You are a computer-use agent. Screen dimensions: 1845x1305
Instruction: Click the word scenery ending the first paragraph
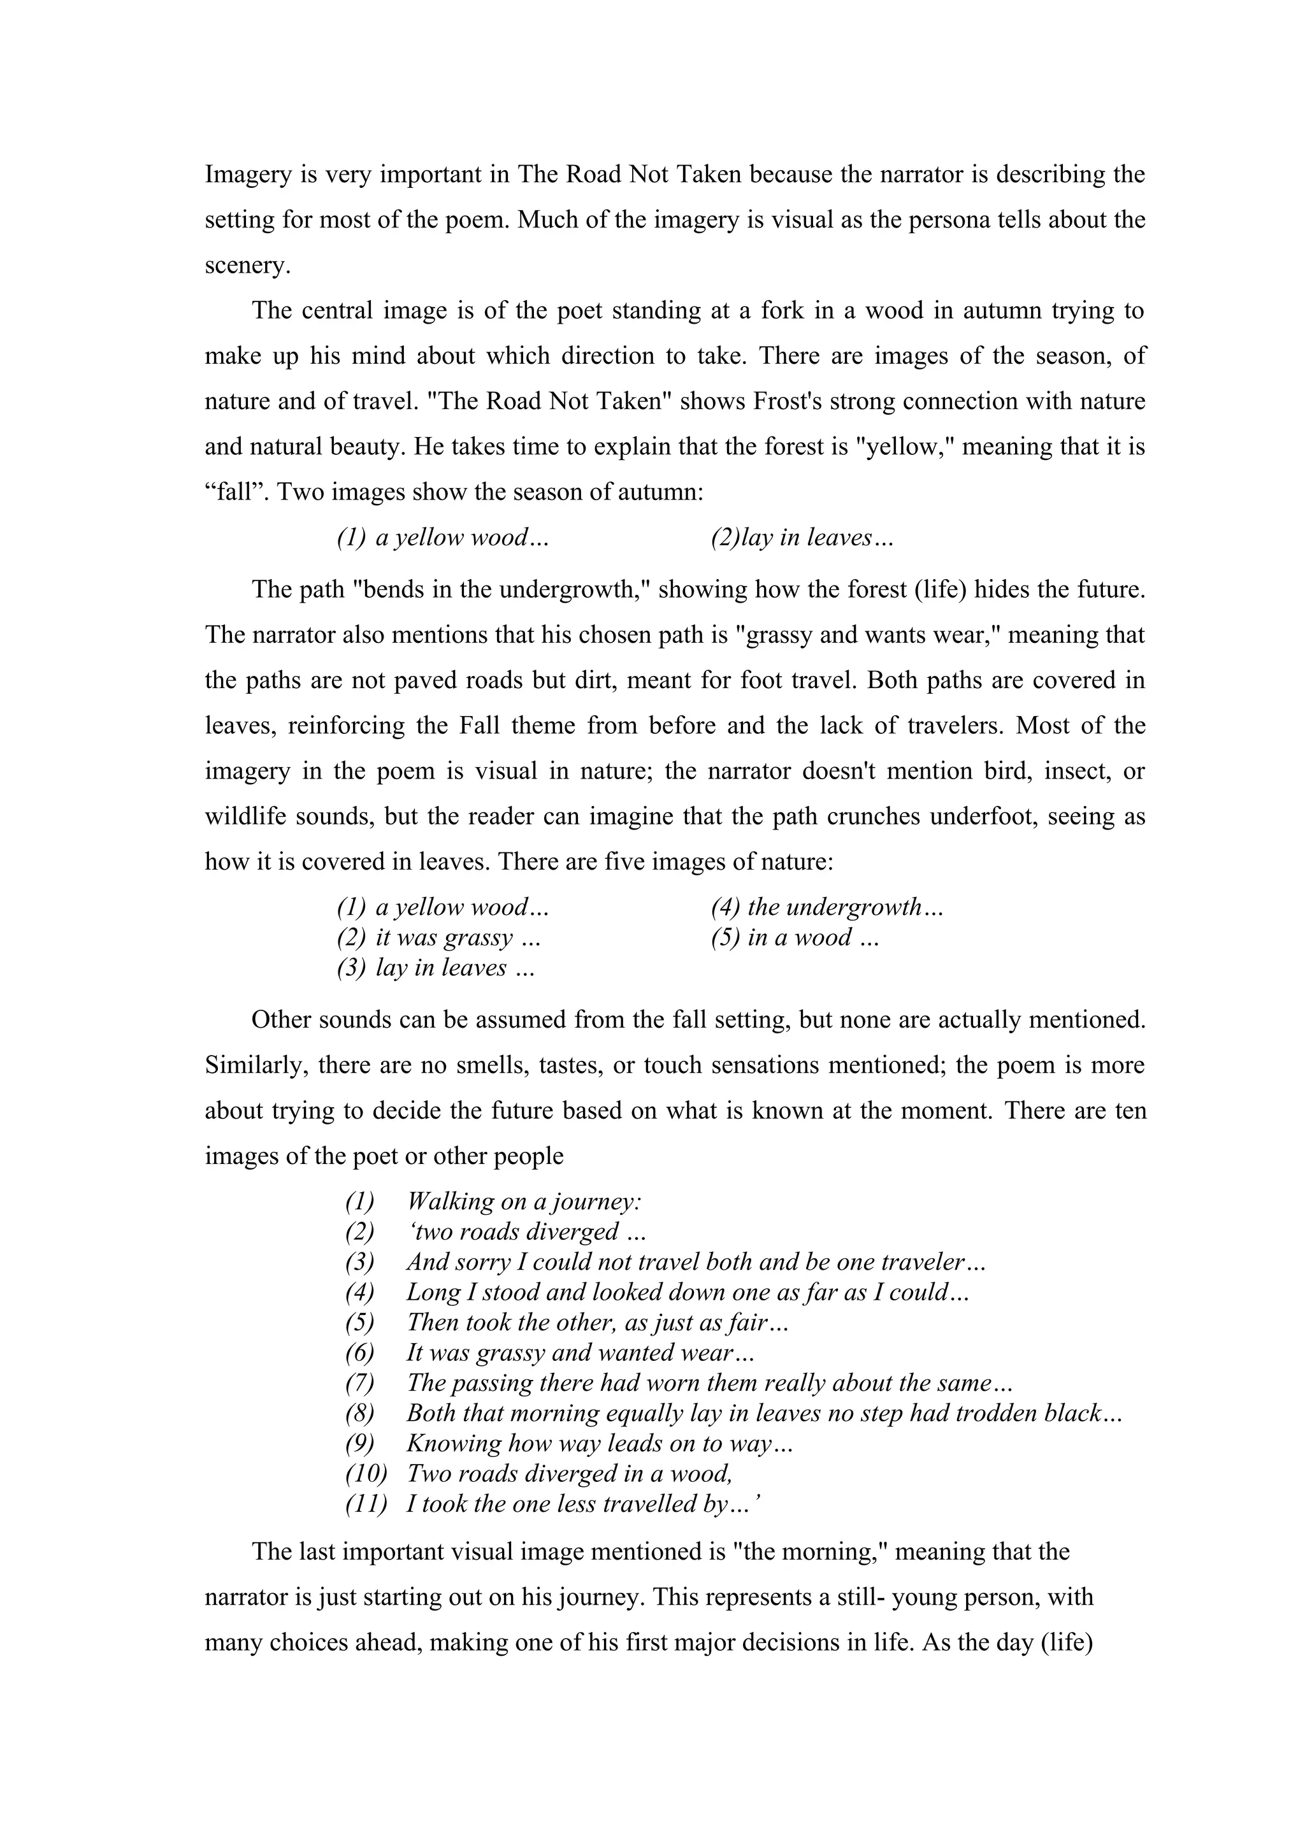click(x=247, y=266)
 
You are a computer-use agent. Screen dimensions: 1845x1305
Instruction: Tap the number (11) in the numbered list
click(x=366, y=1504)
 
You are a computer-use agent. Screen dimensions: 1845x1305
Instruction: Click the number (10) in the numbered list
click(x=366, y=1473)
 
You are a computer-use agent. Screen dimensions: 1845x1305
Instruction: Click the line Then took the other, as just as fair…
click(x=598, y=1322)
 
